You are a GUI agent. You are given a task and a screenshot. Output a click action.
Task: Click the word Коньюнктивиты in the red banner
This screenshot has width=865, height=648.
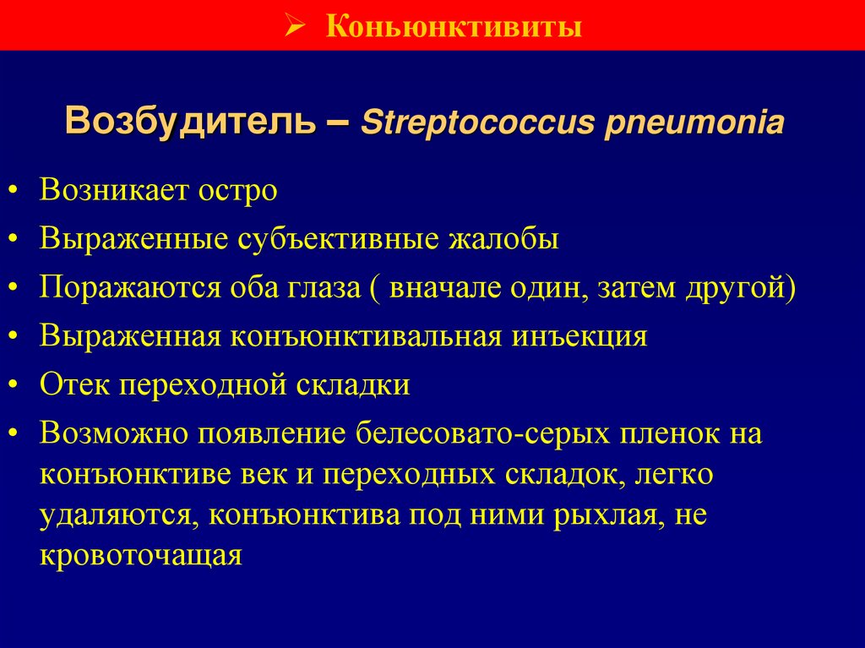454,27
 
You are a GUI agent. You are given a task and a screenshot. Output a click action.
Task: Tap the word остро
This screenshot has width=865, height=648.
238,191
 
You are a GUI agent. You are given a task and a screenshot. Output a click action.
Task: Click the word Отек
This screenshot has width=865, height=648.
74,384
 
